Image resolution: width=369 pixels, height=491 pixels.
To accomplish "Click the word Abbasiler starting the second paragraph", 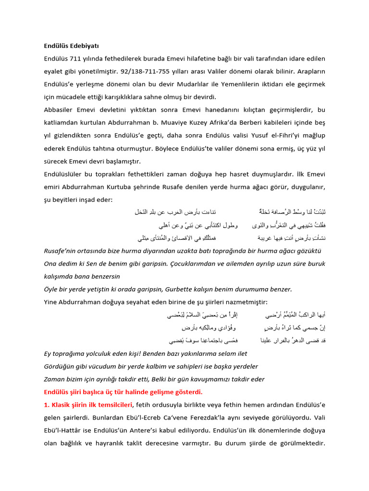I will (60, 109).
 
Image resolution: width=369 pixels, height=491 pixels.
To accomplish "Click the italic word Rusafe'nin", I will (61, 251).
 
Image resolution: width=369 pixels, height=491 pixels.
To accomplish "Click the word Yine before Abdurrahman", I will (51, 302).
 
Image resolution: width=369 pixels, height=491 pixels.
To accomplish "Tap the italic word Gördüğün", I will (60, 366).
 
